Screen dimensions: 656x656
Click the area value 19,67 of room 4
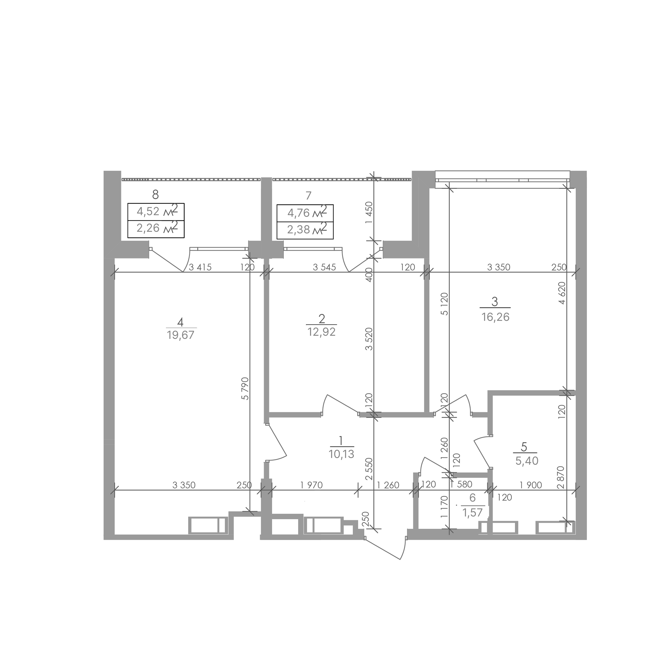pyautogui.click(x=181, y=335)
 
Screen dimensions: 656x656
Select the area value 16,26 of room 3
pyautogui.click(x=495, y=317)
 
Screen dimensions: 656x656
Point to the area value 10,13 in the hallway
pyautogui.click(x=341, y=454)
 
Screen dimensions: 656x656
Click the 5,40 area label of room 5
pyautogui.click(x=527, y=461)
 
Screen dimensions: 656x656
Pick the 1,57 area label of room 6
pyautogui.click(x=472, y=512)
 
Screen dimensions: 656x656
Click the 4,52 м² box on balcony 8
pyautogui.click(x=156, y=212)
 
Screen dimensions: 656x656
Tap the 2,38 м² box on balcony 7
pyautogui.click(x=305, y=230)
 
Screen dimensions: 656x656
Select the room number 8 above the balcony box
pyautogui.click(x=156, y=195)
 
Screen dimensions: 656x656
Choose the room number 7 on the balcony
pyautogui.click(x=308, y=195)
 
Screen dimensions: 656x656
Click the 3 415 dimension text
pyautogui.click(x=200, y=267)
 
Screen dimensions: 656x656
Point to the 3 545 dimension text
pyautogui.click(x=324, y=267)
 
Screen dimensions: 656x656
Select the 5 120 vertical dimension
pyautogui.click(x=445, y=304)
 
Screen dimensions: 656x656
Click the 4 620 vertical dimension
pyautogui.click(x=562, y=293)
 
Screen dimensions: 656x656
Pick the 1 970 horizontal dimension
pyautogui.click(x=311, y=485)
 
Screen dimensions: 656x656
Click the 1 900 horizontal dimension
pyautogui.click(x=531, y=485)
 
